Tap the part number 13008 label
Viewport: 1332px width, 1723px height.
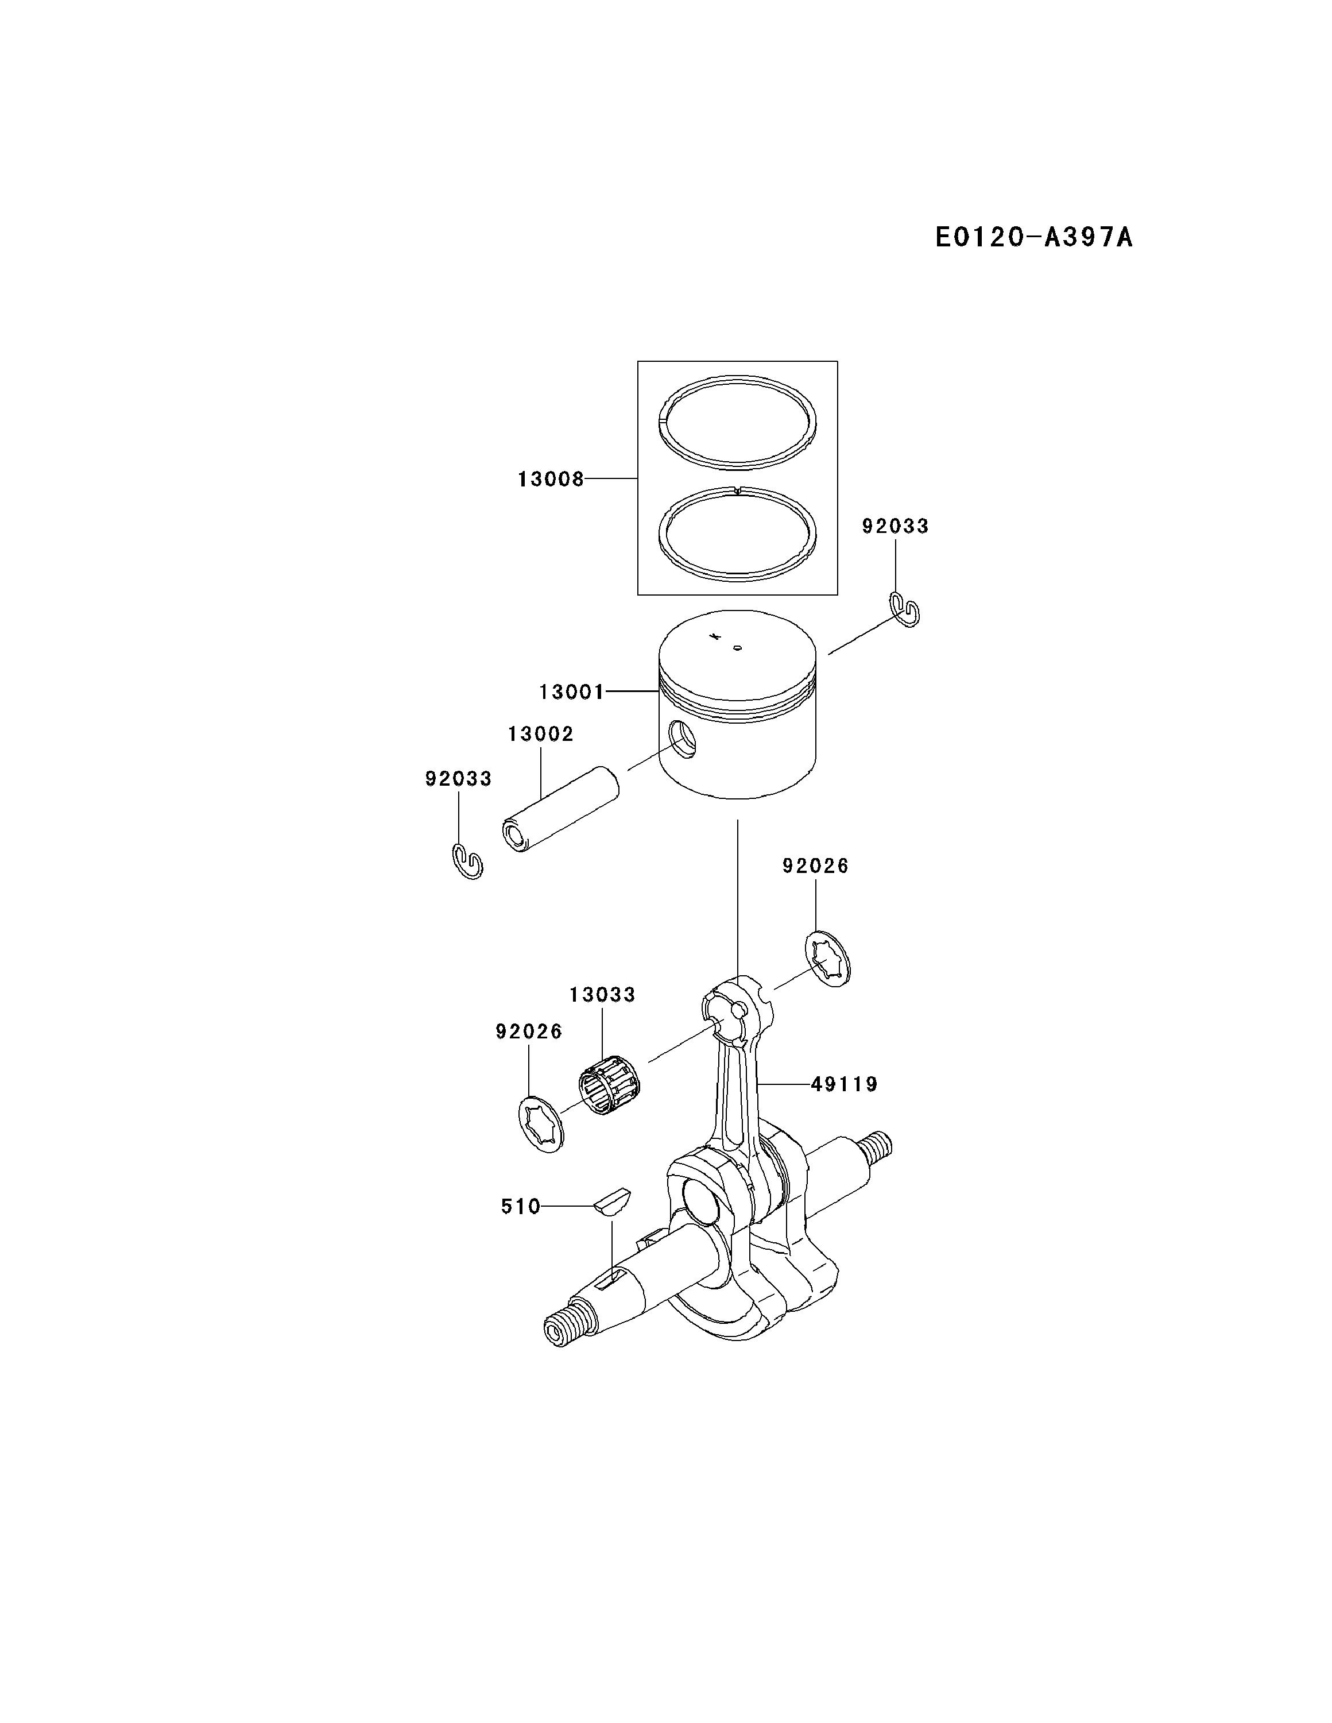pyautogui.click(x=551, y=479)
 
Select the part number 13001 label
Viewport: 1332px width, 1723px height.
pyautogui.click(x=572, y=692)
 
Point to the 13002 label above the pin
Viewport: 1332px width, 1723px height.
pyautogui.click(x=540, y=733)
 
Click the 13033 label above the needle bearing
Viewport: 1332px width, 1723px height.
pyautogui.click(x=602, y=995)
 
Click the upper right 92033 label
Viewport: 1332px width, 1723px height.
pyautogui.click(x=895, y=526)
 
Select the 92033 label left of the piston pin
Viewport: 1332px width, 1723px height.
pyautogui.click(x=458, y=779)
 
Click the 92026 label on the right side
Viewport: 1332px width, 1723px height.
pyautogui.click(x=815, y=866)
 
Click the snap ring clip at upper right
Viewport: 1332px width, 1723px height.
pyautogui.click(x=905, y=609)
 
